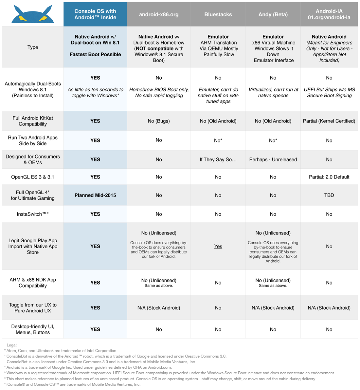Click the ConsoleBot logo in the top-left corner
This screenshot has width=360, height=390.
[x=32, y=14]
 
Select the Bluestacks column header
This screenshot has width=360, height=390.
[x=218, y=14]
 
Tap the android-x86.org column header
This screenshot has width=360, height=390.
[x=159, y=14]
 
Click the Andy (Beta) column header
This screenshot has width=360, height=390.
[x=273, y=14]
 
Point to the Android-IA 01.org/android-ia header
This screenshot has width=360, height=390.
[x=329, y=14]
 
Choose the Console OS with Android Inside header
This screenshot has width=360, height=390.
[x=95, y=14]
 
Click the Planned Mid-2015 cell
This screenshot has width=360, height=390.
[x=95, y=195]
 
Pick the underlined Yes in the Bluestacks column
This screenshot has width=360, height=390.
[x=218, y=246]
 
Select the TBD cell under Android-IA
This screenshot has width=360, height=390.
[x=329, y=195]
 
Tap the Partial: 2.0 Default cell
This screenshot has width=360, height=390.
[x=329, y=177]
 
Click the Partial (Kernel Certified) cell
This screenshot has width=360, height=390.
[x=329, y=121]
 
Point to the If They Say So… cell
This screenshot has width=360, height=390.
[x=218, y=159]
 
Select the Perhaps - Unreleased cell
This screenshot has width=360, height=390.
[x=273, y=159]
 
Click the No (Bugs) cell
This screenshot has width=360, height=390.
[x=159, y=121]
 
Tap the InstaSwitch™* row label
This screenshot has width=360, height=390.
[x=33, y=214]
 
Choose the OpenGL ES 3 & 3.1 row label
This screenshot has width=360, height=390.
[x=33, y=177]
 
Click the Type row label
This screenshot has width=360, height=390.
[x=33, y=47]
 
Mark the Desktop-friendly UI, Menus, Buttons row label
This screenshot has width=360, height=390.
[x=33, y=329]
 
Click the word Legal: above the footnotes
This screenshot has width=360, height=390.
[x=12, y=345]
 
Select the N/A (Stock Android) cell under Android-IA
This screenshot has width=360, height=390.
[x=329, y=308]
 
